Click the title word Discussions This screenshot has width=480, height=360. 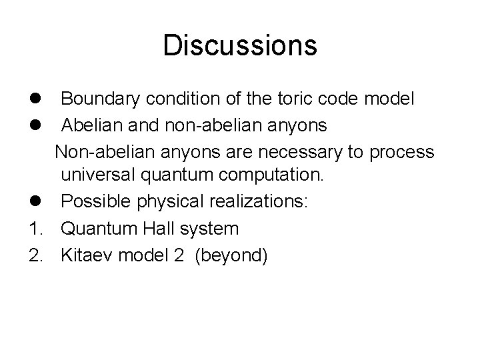[239, 46]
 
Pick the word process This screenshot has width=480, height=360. [401, 153]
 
